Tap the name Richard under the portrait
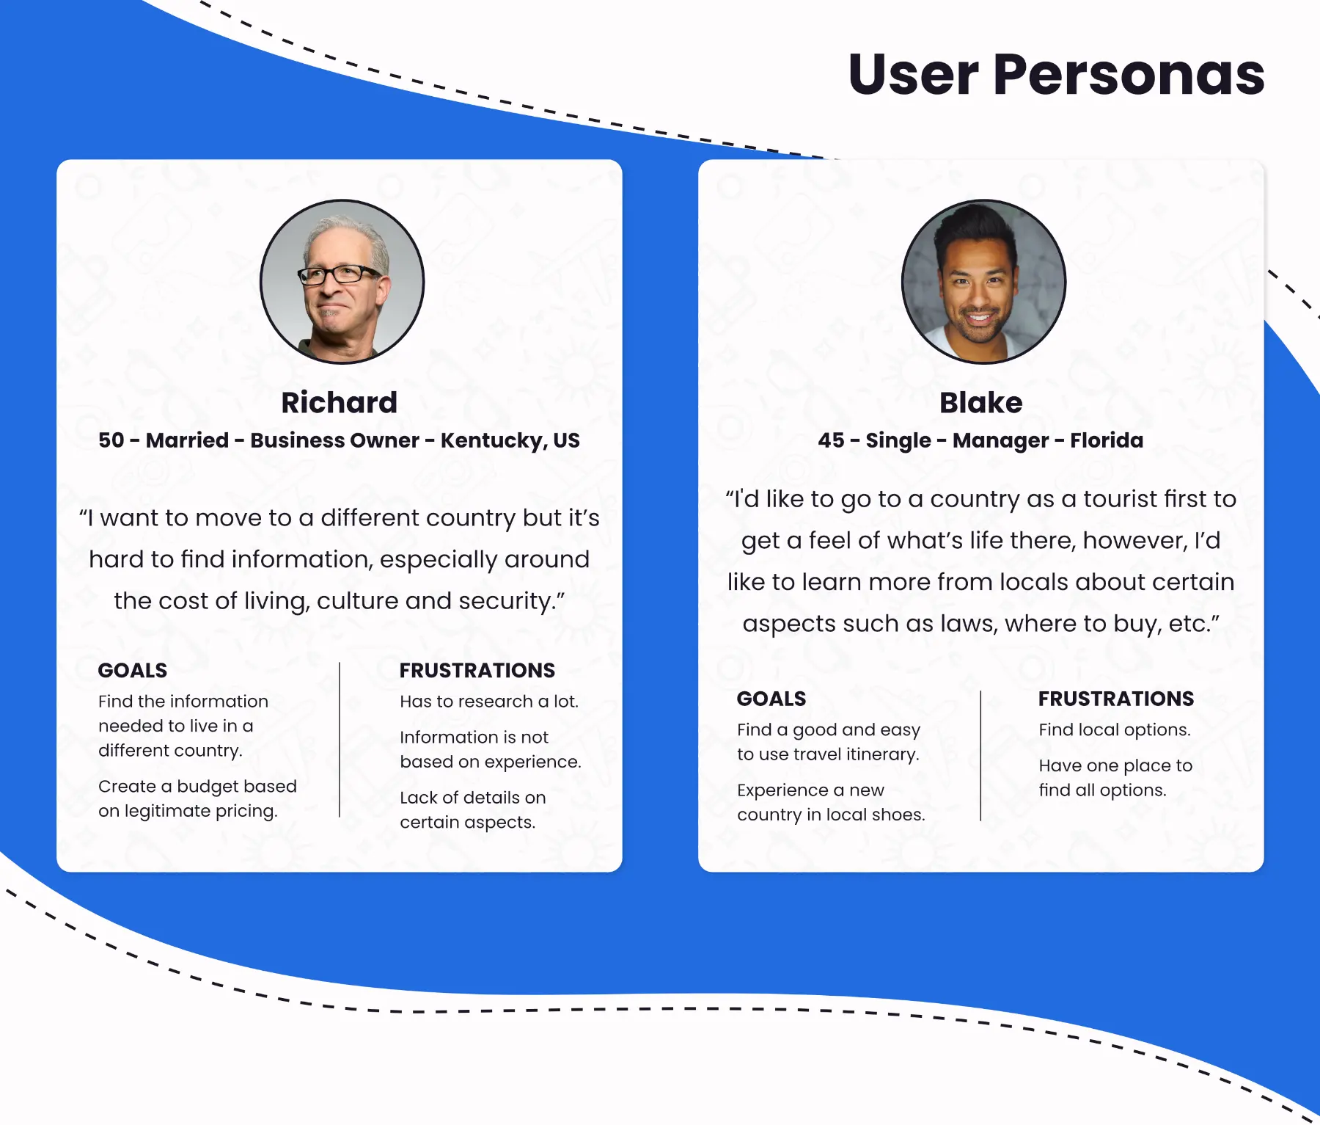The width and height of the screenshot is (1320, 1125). (x=339, y=402)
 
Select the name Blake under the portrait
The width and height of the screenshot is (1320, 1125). (x=980, y=402)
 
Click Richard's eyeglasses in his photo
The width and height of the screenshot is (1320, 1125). (x=339, y=275)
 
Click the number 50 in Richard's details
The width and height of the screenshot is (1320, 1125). (x=111, y=440)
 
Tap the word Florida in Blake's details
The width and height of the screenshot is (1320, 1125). (x=1106, y=440)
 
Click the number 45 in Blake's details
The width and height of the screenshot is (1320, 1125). (x=831, y=440)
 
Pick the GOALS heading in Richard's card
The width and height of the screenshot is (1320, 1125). (x=133, y=670)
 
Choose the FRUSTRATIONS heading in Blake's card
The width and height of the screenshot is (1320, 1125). (x=1115, y=699)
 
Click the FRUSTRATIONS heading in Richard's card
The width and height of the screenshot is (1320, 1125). (x=477, y=670)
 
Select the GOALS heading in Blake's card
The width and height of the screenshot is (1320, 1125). (x=771, y=699)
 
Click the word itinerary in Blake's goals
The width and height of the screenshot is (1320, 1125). (x=882, y=754)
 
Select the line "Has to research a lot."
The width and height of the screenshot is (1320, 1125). (x=489, y=702)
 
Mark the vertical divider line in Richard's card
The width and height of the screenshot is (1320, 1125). (x=340, y=740)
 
